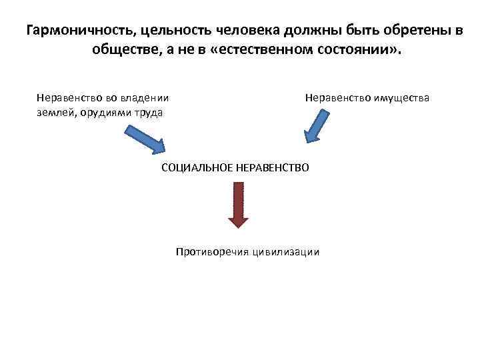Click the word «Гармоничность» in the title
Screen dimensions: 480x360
pyautogui.click(x=74, y=31)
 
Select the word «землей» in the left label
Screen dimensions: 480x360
pyautogui.click(x=56, y=112)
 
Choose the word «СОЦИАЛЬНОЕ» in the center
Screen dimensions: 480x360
pyautogui.click(x=196, y=167)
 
